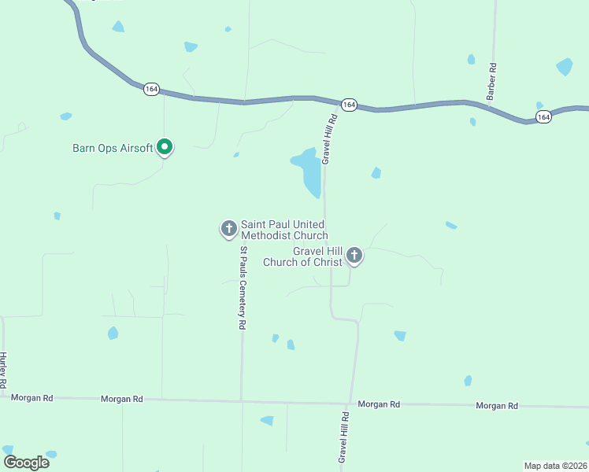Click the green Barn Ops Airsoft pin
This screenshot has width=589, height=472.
[165, 146]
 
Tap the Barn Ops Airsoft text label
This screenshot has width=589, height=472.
[113, 148]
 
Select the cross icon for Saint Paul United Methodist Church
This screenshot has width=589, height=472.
[228, 229]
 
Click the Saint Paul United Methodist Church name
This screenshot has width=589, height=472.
[283, 230]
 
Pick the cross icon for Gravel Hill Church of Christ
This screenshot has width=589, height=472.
[354, 255]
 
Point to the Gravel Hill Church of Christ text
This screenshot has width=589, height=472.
[307, 256]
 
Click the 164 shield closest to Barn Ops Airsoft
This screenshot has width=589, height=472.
[151, 90]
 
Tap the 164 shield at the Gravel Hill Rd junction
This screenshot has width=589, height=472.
[350, 105]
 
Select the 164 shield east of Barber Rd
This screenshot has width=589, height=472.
[543, 116]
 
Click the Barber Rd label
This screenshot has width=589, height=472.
[491, 79]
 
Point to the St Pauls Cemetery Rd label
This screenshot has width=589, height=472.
[243, 288]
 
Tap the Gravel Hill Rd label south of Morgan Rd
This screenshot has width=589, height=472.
[343, 436]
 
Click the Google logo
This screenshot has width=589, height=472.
[26, 463]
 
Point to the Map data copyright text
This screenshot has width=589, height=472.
[555, 465]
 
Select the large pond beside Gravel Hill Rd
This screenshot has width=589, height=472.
[309, 171]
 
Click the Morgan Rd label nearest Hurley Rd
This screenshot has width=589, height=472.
[32, 398]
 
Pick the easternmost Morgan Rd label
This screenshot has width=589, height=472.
[497, 405]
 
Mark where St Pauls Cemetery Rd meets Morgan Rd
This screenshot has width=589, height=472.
[242, 401]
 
